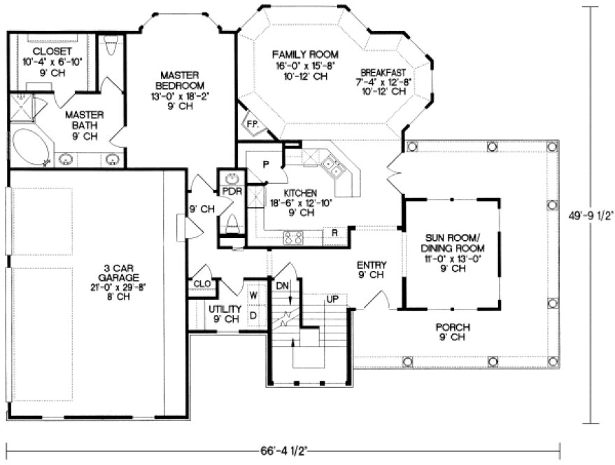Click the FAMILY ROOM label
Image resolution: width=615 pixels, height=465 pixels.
point(304,55)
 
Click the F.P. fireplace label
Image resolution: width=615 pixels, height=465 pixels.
point(251,124)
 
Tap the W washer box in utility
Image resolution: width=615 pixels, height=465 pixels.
point(254,296)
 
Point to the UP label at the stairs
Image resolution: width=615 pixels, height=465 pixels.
point(333,299)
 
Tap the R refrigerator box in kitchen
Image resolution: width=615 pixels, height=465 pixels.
point(335,233)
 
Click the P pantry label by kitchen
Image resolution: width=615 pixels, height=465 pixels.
point(265,164)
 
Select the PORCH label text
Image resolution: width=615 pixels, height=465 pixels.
point(453,327)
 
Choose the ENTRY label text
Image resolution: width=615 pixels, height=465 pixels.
point(370,265)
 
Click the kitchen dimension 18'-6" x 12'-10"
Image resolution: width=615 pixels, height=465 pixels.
point(301,204)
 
